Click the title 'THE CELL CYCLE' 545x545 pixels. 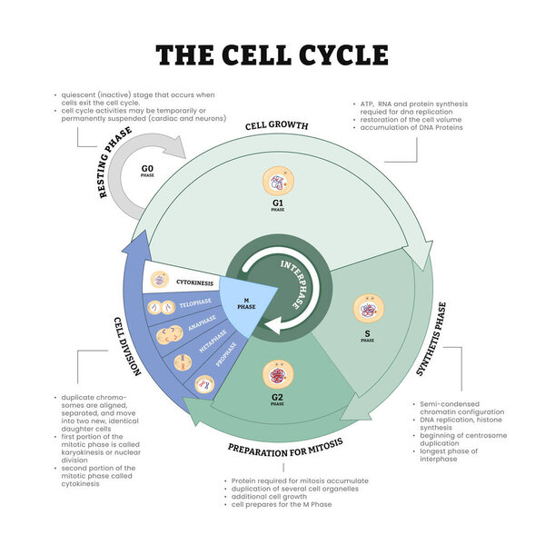click(272, 54)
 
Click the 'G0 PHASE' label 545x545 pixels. click(147, 170)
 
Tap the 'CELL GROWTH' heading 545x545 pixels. click(277, 125)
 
